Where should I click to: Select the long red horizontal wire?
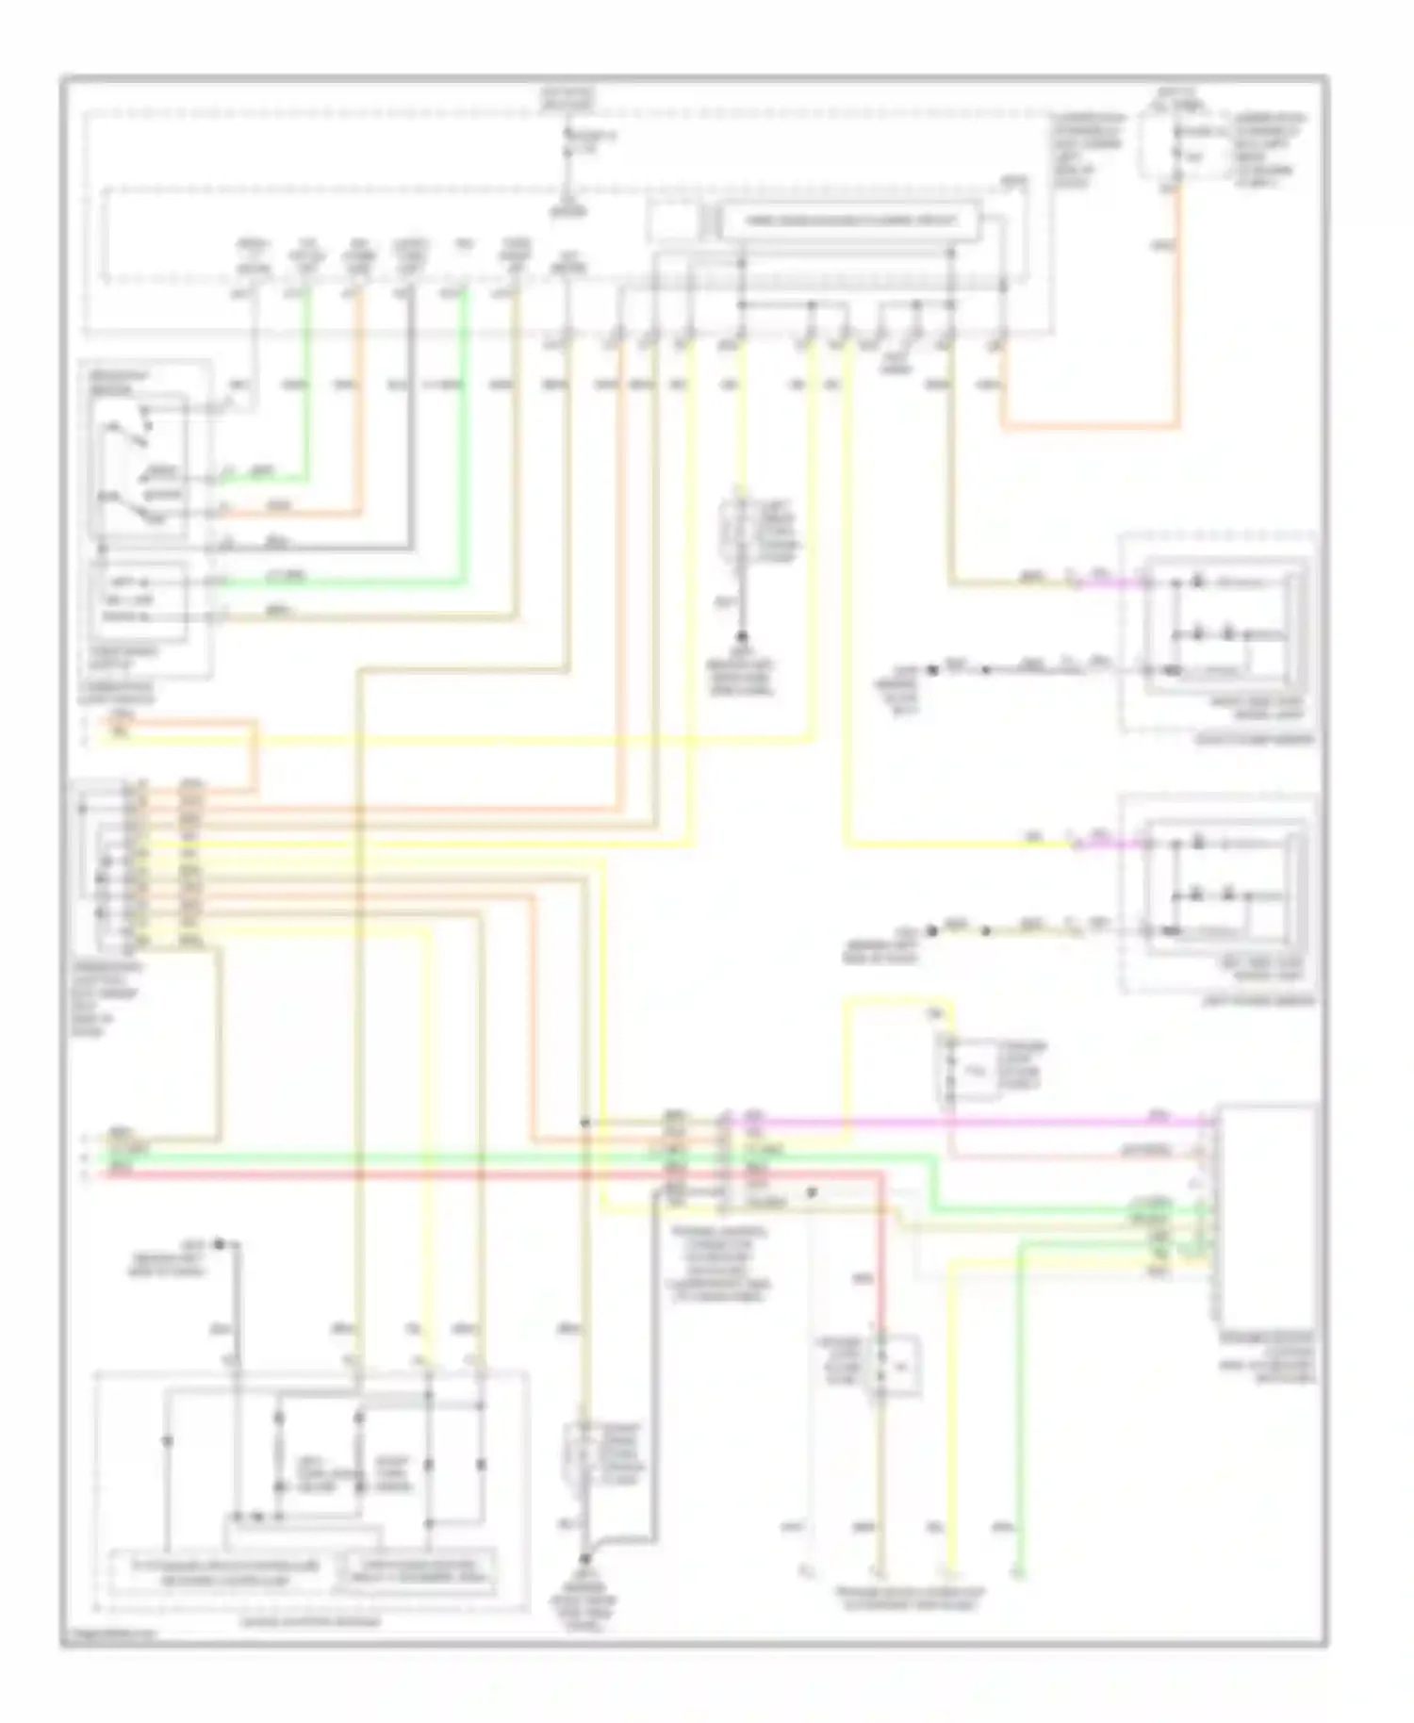(x=471, y=1174)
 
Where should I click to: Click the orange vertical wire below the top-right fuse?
(x=1177, y=311)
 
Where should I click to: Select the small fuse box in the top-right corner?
(x=1159, y=146)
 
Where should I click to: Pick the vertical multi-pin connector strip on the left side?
(x=138, y=861)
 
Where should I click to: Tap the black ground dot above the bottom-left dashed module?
(x=219, y=1244)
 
